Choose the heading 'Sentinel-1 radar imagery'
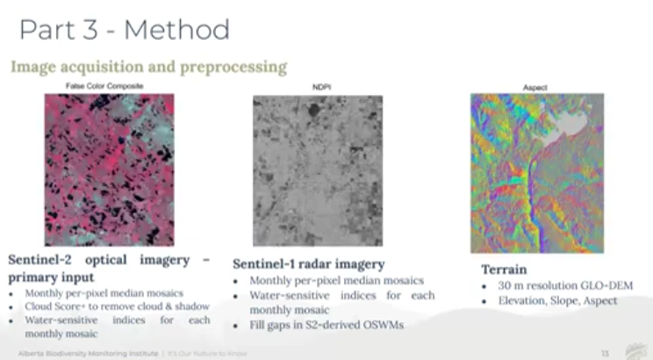coord(310,264)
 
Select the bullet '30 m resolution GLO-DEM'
coord(564,285)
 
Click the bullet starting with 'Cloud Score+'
coord(117,306)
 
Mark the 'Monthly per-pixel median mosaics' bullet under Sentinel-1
coord(336,280)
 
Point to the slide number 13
coord(605,351)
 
